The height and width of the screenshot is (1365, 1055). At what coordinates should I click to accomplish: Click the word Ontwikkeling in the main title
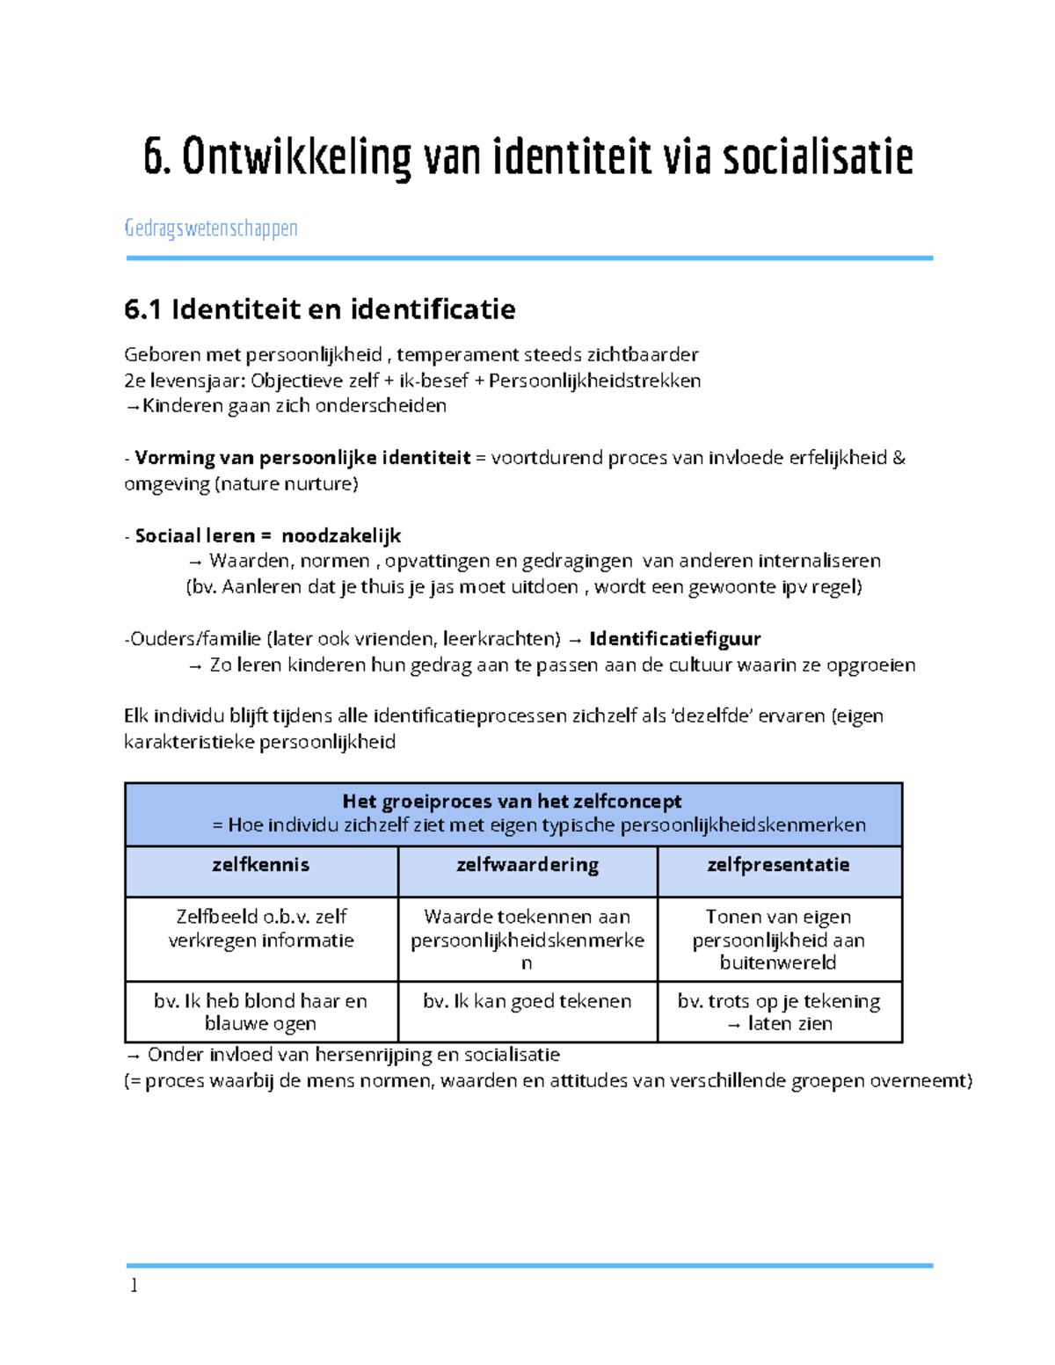[296, 157]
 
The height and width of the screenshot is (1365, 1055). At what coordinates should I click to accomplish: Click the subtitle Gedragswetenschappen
[211, 229]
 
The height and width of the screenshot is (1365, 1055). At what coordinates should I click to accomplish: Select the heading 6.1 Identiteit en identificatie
[320, 309]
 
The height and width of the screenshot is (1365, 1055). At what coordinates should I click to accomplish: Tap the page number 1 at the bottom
[134, 1286]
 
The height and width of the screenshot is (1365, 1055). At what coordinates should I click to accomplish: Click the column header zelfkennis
[260, 865]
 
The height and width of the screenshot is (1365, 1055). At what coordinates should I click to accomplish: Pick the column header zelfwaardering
[527, 865]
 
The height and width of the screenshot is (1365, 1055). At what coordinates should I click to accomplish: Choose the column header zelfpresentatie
[778, 865]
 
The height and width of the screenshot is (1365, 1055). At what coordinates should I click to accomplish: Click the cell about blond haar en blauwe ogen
[260, 1012]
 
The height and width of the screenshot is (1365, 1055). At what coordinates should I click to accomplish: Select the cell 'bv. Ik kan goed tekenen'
[527, 1001]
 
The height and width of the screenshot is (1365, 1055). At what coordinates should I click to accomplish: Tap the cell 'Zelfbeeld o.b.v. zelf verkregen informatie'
[261, 928]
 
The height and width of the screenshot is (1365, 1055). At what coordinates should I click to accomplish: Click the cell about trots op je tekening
[779, 1012]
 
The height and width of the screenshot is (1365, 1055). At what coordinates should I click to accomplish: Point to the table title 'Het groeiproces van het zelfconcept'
[512, 802]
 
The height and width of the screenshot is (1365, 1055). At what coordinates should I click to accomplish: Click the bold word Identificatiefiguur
[674, 639]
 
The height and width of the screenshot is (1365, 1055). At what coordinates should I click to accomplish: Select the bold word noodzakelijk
[341, 536]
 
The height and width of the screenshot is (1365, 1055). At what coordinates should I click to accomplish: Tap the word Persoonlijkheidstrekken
[594, 381]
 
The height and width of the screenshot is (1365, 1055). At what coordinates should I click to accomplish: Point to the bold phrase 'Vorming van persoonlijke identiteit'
[302, 458]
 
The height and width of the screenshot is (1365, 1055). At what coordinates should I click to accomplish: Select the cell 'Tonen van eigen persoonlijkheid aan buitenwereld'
[778, 940]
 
